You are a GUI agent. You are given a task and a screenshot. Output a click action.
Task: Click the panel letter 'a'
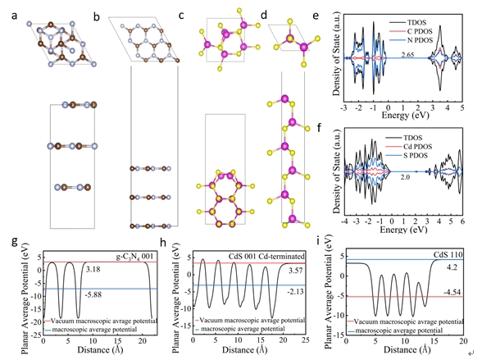coord(14,16)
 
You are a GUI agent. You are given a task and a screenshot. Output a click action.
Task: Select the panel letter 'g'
coord(15,242)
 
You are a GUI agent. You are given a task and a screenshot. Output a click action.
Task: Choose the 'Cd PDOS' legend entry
coord(418,147)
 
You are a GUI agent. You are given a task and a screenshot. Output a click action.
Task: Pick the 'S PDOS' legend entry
coord(416,156)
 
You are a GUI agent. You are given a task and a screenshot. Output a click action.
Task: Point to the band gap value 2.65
coord(407,55)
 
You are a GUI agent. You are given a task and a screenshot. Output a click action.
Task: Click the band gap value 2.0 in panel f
coord(405,177)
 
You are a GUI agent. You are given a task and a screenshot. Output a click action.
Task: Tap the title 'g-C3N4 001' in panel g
coord(134,257)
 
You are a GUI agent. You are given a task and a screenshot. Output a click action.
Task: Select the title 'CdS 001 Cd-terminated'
coord(266,256)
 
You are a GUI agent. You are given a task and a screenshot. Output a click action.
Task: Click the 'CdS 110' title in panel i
coord(448,254)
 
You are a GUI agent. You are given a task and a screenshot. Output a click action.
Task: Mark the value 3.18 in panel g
coord(93,270)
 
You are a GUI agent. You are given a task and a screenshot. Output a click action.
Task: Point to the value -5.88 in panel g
coord(93,295)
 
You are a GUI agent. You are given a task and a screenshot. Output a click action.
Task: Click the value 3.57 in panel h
coord(295,271)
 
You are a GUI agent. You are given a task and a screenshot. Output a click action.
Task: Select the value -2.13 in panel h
coord(295,291)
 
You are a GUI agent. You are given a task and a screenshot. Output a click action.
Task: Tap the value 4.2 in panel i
coord(452,267)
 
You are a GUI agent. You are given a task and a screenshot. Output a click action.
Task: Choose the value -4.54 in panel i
coord(452,292)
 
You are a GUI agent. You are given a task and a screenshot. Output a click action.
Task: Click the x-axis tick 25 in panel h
coord(305,340)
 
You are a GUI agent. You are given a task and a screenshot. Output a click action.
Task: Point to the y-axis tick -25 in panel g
coord(37,335)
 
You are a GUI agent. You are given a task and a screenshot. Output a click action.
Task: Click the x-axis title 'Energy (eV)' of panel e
coord(405,116)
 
